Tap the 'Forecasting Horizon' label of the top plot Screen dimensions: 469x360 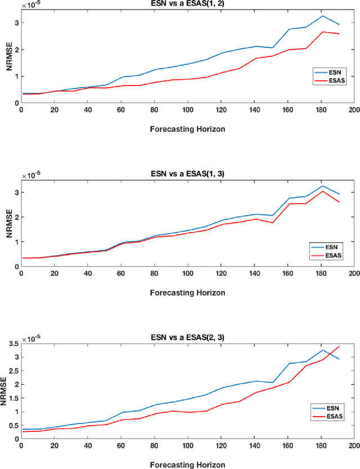(x=187, y=129)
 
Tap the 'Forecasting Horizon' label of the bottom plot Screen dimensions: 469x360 (x=187, y=465)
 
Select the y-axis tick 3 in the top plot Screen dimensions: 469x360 (x=15, y=23)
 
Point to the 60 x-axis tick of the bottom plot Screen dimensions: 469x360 (x=121, y=445)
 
